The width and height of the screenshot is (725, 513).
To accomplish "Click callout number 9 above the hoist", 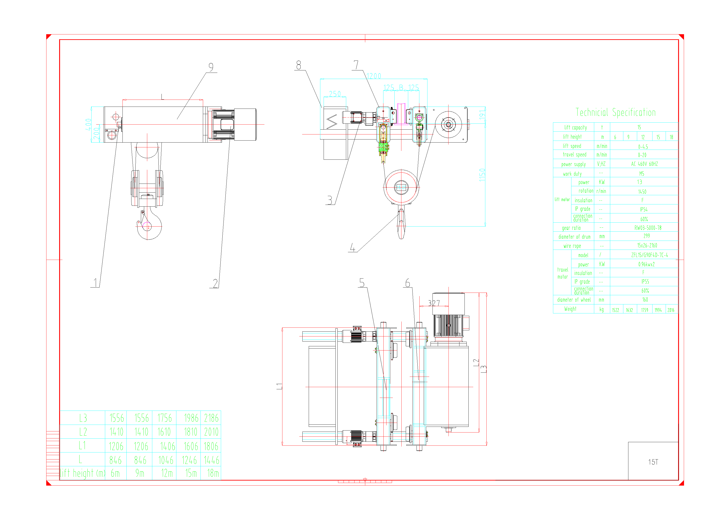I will [211, 67].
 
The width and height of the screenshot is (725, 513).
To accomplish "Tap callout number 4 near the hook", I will [352, 247].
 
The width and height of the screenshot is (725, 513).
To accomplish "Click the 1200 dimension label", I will [374, 76].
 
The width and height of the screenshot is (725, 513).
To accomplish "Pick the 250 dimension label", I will [335, 94].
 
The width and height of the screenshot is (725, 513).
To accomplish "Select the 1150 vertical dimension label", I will [482, 175].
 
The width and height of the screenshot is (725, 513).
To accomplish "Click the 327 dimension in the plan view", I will [434, 303].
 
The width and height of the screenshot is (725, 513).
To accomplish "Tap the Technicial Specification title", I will [615, 113].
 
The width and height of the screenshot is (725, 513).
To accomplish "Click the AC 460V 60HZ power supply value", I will [644, 164].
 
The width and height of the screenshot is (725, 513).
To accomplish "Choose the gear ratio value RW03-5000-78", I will [648, 228].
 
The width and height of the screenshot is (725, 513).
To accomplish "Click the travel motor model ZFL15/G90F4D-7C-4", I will [649, 255].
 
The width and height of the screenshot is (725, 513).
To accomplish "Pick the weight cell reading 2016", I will [671, 310].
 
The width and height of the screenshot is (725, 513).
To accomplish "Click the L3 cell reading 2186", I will [211, 418].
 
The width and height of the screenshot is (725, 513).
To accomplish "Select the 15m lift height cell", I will [191, 473].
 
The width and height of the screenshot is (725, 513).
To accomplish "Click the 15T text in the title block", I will [653, 462].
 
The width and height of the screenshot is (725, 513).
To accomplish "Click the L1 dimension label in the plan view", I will [279, 386].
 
